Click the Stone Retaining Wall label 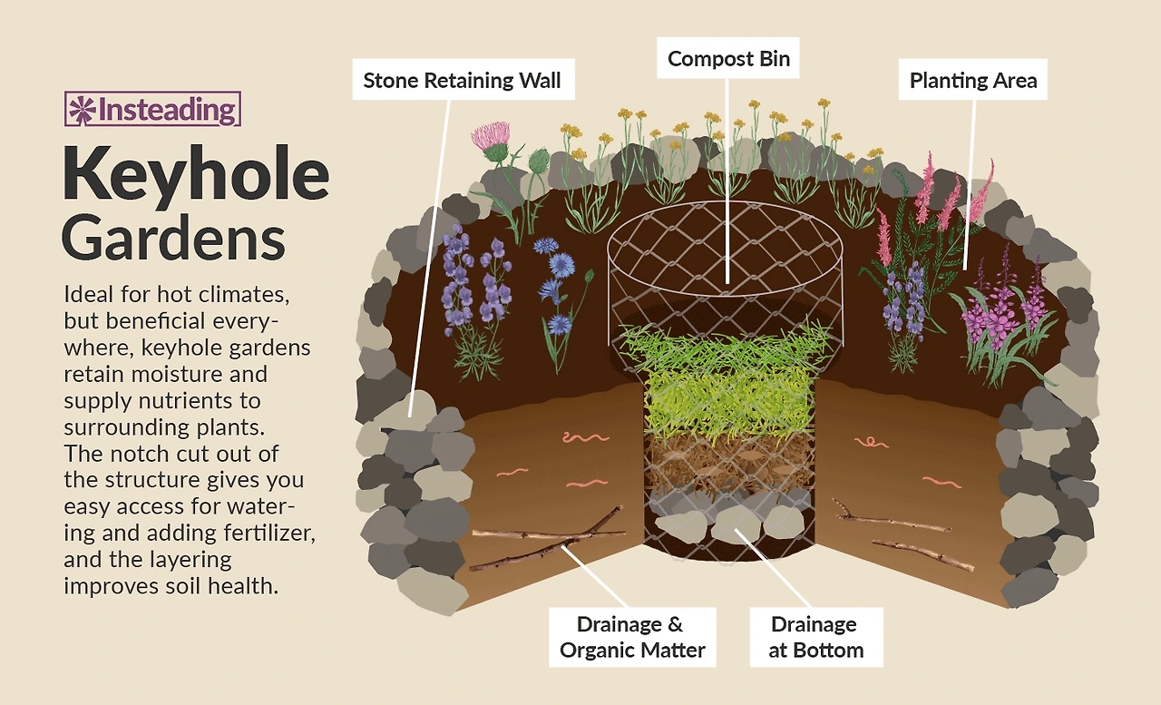[462, 81]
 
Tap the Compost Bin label [728, 60]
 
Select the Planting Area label [972, 81]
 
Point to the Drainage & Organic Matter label [632, 637]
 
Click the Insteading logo [152, 110]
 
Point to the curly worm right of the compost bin [872, 442]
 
